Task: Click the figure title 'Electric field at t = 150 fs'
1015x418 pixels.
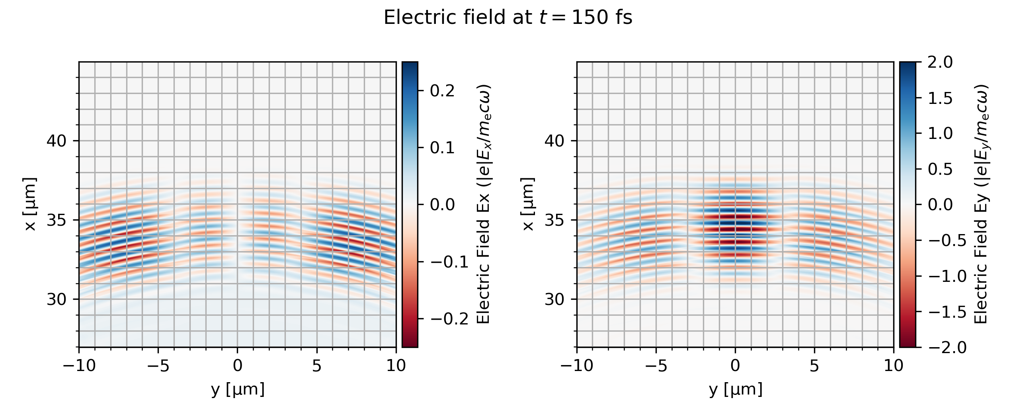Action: click(x=507, y=18)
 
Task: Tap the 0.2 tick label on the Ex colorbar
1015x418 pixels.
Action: click(x=442, y=91)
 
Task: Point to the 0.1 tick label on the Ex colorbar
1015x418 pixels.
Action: click(x=442, y=148)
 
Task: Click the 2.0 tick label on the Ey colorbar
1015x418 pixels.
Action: click(x=940, y=62)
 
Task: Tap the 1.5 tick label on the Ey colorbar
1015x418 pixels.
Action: click(x=940, y=98)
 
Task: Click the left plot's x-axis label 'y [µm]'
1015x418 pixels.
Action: click(x=238, y=389)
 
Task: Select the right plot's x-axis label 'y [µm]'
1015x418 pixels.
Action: click(x=736, y=389)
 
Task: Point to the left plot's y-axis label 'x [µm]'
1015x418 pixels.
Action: click(x=30, y=204)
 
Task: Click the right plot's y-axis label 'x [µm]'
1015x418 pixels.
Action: click(x=528, y=204)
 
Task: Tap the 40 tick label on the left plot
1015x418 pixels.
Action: click(x=57, y=141)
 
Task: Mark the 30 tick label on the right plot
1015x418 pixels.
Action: click(x=554, y=299)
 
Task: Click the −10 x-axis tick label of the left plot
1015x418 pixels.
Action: click(x=79, y=365)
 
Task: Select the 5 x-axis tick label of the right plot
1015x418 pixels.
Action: click(x=814, y=365)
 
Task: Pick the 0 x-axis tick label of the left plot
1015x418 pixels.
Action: click(x=238, y=365)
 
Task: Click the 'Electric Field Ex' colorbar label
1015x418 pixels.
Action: click(x=483, y=204)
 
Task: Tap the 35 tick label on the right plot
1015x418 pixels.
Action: click(x=554, y=220)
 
